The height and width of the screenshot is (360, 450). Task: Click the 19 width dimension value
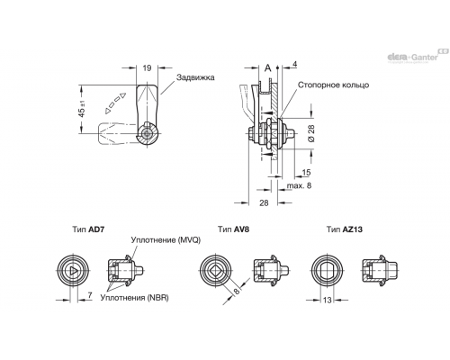click(x=147, y=68)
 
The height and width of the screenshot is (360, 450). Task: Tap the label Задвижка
click(x=195, y=77)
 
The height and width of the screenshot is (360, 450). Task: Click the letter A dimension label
click(x=267, y=68)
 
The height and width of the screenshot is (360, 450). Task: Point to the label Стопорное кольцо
click(x=333, y=85)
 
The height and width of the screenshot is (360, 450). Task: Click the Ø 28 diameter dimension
click(x=311, y=133)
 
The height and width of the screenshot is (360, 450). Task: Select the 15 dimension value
click(x=306, y=173)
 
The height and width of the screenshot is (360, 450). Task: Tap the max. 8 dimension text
click(x=299, y=185)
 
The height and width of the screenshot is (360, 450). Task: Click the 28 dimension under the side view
click(x=264, y=203)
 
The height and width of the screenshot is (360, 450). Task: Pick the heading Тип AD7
click(x=89, y=229)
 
